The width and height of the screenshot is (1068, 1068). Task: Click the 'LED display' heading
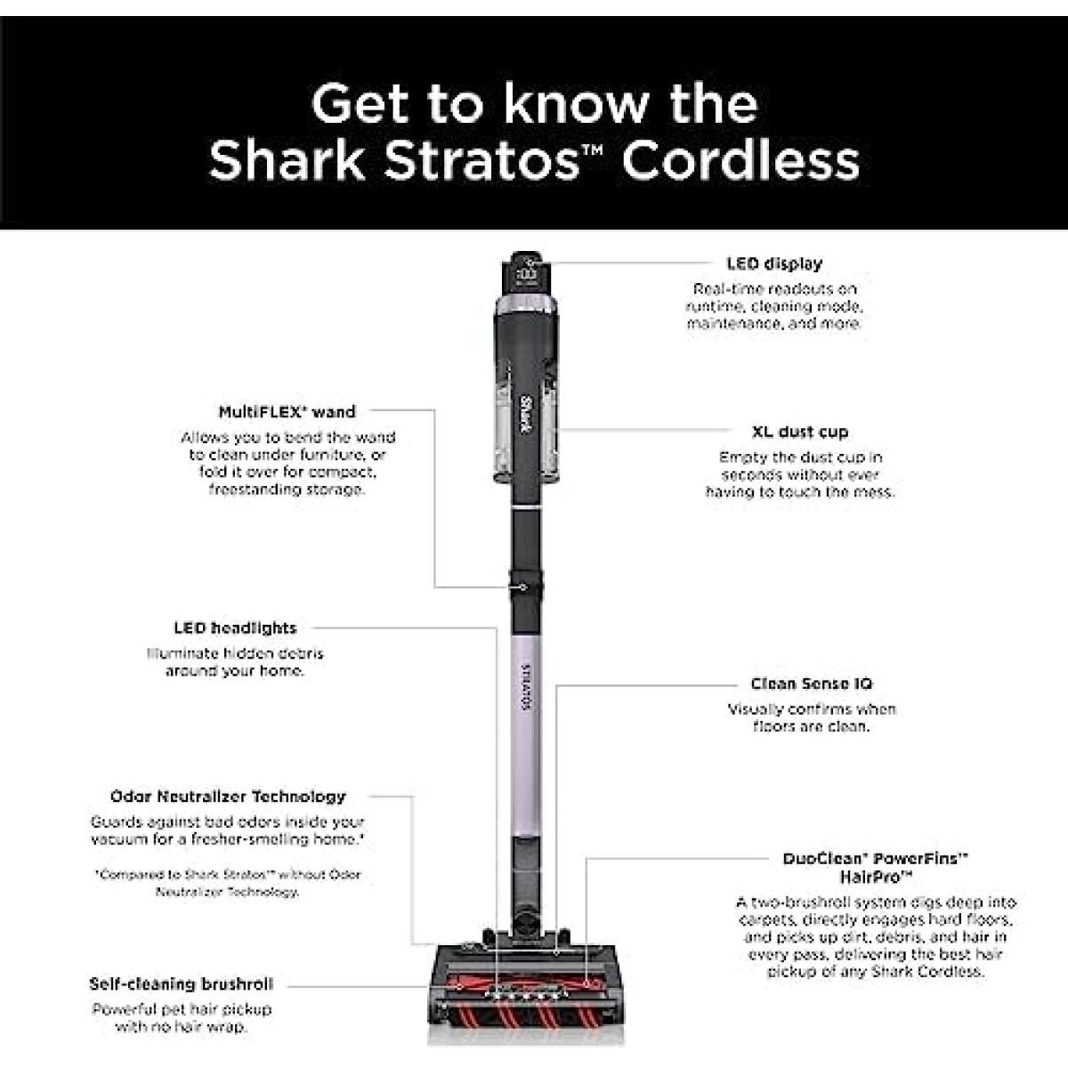774,263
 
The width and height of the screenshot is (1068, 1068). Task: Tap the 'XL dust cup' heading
800,432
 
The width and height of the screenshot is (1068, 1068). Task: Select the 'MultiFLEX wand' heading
287,412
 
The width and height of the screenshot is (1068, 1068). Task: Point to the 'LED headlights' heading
236,628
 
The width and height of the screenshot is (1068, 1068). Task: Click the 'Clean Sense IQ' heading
812,684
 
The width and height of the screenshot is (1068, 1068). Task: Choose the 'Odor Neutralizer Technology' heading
228,797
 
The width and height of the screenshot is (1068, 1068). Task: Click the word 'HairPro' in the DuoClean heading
877,877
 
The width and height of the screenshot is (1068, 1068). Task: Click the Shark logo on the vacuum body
527,415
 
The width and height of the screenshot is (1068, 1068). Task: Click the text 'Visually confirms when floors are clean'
812,717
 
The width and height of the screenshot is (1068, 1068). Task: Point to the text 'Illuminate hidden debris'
235,653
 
